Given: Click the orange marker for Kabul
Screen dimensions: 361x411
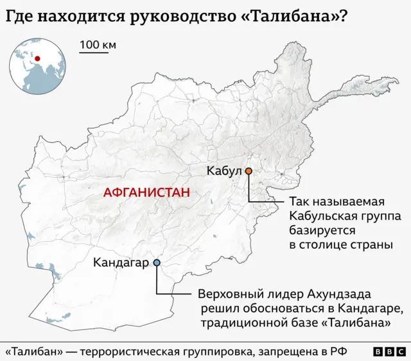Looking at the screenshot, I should click(x=248, y=171).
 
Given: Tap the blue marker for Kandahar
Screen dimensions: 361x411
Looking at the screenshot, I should click(x=157, y=262).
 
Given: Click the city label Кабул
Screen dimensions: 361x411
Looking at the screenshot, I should click(x=223, y=171).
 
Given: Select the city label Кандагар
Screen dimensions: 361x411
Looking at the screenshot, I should click(x=121, y=262).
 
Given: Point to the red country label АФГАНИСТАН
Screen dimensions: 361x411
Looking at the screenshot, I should click(x=146, y=192).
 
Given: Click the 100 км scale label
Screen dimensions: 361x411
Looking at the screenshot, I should click(x=98, y=45).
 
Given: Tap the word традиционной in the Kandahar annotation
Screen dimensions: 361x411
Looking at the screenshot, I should click(x=241, y=323).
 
